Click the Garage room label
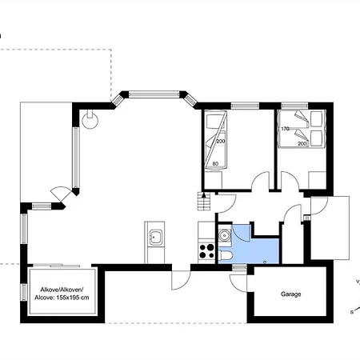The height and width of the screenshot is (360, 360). point(291,294)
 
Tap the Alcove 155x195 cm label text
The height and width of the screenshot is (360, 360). point(62,294)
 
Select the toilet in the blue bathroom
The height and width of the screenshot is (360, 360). point(226,255)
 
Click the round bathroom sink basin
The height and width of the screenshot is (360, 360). point(225,235)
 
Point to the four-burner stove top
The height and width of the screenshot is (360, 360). point(206,251)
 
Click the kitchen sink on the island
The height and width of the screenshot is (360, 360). point(155,236)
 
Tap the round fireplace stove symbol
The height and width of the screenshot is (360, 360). point(90,121)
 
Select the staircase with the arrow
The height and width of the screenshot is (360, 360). point(204,201)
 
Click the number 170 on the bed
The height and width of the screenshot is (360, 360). point(285,129)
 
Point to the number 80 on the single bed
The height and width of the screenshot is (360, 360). point(215,163)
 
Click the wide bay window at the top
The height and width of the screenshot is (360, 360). point(154,94)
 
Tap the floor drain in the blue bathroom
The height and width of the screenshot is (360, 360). point(265,262)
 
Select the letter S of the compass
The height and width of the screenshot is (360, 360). point(352,312)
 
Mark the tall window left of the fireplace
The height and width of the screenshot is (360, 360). point(76,158)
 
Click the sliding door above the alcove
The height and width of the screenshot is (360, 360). point(56,266)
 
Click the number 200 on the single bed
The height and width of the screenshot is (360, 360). point(221,142)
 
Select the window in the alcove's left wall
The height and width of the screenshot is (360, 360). point(24,292)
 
